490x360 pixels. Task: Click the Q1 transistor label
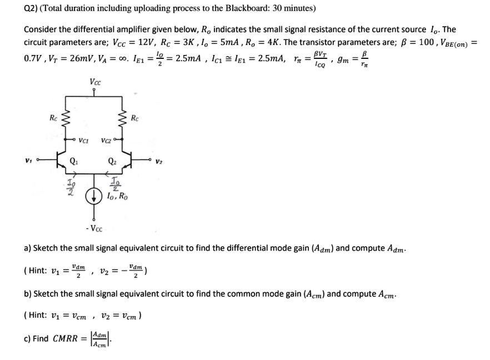point(73,163)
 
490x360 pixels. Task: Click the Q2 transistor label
point(112,163)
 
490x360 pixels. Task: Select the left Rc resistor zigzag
point(67,118)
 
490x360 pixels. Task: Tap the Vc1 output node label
point(85,140)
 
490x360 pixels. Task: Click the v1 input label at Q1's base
point(27,161)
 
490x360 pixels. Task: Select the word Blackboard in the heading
point(237,9)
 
